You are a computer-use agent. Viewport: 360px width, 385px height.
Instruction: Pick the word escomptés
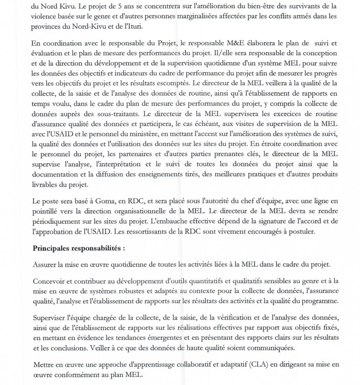click(x=172, y=82)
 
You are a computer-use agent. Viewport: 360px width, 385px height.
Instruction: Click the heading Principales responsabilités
click(x=79, y=248)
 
